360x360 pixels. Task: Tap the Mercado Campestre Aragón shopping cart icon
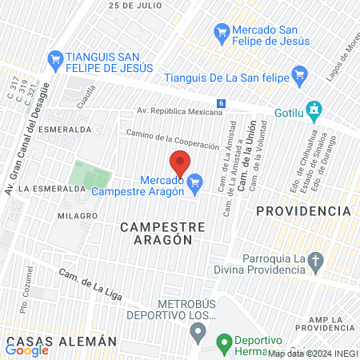tap(194, 186)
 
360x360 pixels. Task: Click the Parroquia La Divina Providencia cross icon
tap(316, 260)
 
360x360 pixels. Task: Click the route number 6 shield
tap(221, 103)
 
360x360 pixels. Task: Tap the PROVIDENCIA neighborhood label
tap(303, 210)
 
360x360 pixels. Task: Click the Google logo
tap(27, 350)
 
